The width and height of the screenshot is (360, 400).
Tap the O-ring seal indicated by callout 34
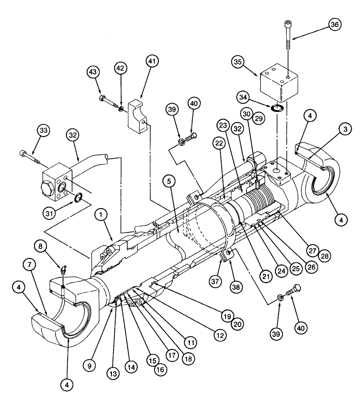click(x=276, y=108)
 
